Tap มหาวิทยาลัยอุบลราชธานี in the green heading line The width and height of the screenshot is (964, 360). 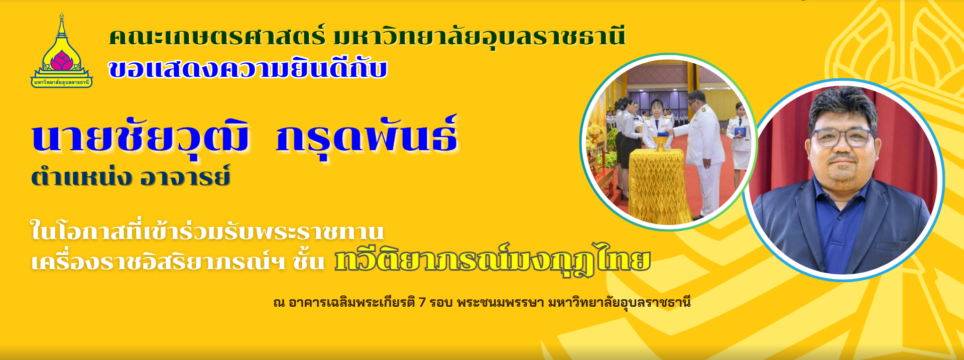(479, 37)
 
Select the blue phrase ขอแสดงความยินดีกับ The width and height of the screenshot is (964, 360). (248, 69)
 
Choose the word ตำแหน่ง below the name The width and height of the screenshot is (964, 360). (81, 176)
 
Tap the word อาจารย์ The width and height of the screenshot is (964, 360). (185, 176)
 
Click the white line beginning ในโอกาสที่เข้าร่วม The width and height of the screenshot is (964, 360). (207, 230)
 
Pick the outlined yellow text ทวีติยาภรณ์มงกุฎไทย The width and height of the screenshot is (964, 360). (493, 260)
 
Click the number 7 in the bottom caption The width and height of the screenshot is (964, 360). (422, 302)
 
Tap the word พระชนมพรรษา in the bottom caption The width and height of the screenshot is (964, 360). (501, 302)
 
